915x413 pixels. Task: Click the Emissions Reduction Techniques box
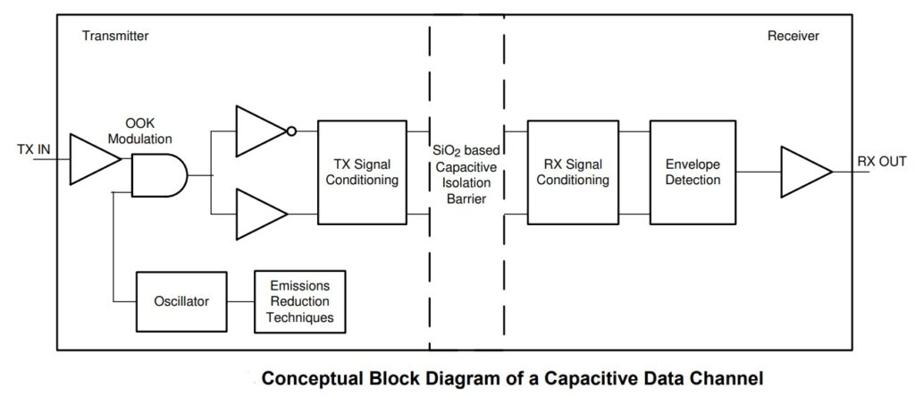300,302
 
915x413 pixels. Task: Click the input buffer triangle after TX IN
90,158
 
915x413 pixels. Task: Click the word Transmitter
114,37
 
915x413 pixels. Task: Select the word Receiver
793,37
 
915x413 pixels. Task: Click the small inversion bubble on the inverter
290,131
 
